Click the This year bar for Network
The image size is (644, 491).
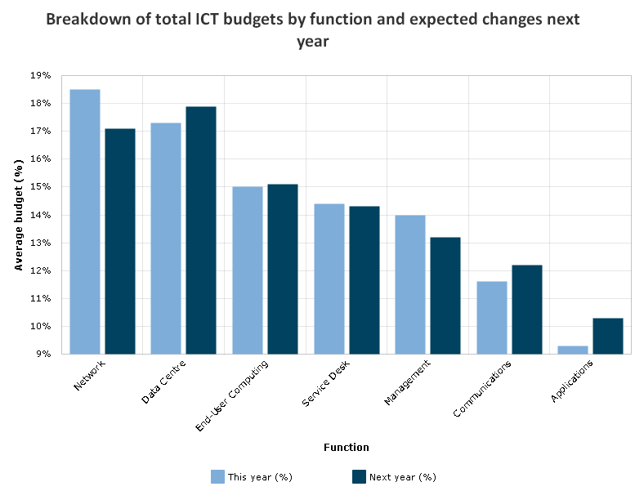pos(85,221)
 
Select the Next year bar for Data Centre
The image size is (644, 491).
pos(201,230)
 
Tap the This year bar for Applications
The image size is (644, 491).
pos(573,350)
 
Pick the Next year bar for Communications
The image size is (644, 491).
pos(527,309)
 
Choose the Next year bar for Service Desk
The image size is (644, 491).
pos(364,279)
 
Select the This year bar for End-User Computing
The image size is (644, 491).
pos(248,270)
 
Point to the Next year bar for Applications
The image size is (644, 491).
pos(608,336)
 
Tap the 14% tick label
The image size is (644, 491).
pos(41,215)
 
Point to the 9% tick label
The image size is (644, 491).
pos(43,354)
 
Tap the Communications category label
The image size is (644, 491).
pos(482,389)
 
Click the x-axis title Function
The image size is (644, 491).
pos(346,447)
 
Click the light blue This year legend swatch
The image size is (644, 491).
pos(217,476)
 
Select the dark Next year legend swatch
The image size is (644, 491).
pos(359,476)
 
